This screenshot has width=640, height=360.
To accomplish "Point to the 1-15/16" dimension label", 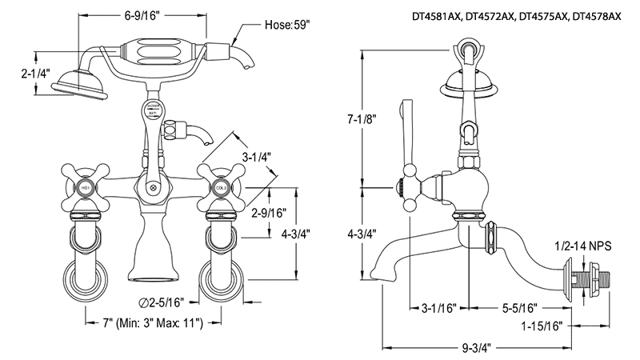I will click(x=545, y=326).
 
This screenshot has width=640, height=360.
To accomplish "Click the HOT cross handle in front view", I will click(x=86, y=186).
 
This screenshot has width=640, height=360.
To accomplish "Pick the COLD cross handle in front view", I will click(x=220, y=186).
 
